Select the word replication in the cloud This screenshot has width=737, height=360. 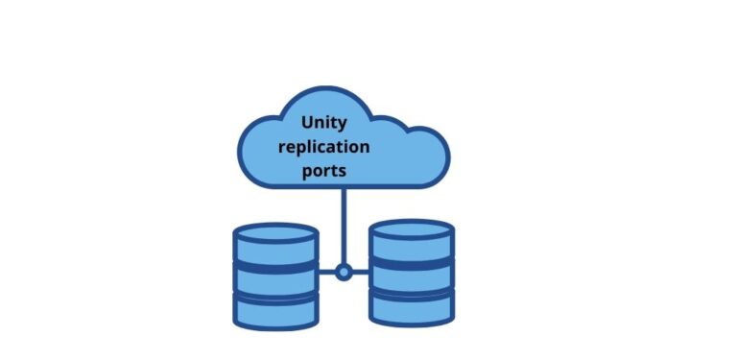(x=323, y=147)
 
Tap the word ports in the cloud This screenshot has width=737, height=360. (x=324, y=171)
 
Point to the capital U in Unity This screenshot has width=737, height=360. (x=307, y=123)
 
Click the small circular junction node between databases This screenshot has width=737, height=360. (x=344, y=272)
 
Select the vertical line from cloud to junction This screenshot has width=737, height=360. (x=344, y=226)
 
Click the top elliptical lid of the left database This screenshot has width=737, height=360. (x=275, y=232)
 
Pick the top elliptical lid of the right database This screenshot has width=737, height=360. (x=412, y=228)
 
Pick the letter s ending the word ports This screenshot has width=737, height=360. (x=343, y=172)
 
